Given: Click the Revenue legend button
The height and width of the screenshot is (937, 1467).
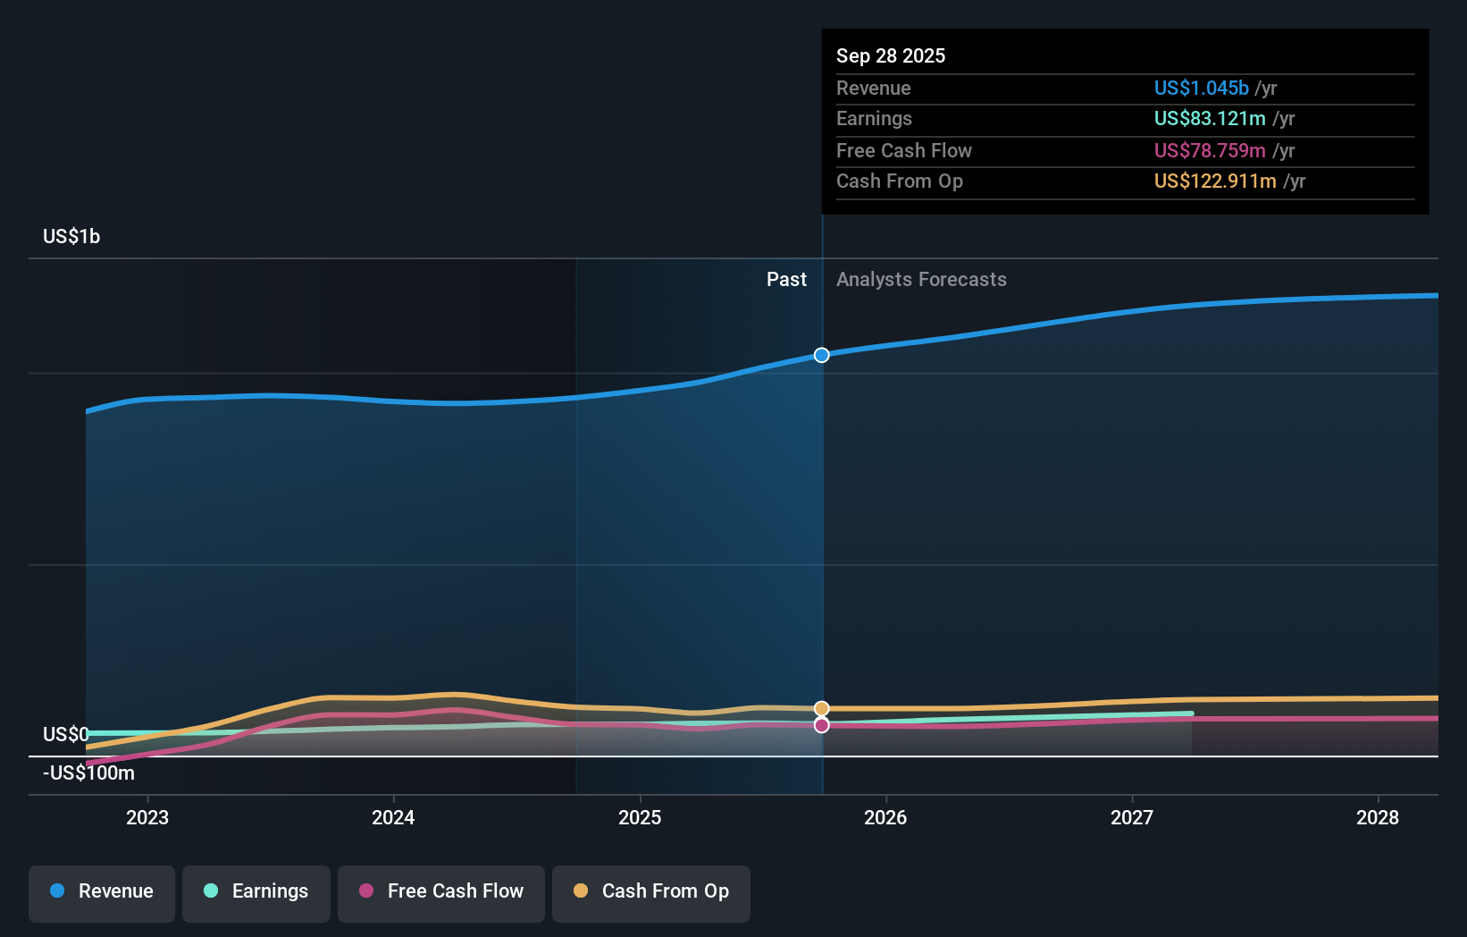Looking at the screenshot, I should coord(102,891).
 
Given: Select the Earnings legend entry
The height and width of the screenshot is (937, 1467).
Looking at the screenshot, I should coord(256,891).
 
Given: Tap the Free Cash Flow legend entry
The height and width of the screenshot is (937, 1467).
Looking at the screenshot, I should coord(441,891).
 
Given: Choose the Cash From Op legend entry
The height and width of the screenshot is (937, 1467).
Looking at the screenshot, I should coord(651,891).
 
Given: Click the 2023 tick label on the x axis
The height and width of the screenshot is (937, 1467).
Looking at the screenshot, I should coord(147,817).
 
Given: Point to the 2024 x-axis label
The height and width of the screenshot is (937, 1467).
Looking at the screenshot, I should coord(393,817).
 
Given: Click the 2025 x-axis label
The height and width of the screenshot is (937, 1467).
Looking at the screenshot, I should coord(640,817).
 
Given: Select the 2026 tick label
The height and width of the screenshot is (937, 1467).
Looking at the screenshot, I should coord(885,817).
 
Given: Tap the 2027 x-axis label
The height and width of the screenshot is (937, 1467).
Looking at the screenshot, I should coord(1132,817).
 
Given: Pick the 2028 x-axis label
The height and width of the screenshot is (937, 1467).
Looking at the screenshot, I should coord(1378,817).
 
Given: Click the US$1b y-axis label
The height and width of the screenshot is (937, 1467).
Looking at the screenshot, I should coord(71,236).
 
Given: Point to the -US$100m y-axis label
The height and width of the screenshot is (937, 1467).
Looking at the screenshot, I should coord(88,772).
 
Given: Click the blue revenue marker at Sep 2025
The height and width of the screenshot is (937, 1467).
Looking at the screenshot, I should coord(822,355).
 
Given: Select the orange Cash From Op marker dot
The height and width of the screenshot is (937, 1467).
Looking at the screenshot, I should coord(822,708).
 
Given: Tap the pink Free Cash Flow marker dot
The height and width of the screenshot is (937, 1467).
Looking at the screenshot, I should coord(822,725).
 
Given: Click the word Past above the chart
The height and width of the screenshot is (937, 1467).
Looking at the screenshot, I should coord(786,279).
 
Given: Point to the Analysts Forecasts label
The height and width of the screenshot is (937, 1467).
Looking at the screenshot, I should coord(921,279).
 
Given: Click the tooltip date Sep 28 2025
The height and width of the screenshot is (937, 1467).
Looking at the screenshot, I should coord(891,55).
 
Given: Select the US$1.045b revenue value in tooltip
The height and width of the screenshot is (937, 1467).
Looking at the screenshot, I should coord(1201,88).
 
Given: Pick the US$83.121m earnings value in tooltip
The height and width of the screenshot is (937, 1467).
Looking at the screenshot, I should coord(1210,118).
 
